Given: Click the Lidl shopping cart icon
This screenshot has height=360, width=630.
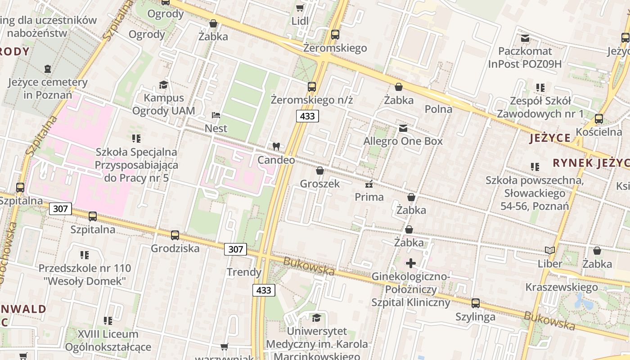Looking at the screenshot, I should pyautogui.click(x=300, y=8).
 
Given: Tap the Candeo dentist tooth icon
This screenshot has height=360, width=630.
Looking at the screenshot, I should pyautogui.click(x=276, y=146).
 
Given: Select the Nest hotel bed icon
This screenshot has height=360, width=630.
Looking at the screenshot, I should pyautogui.click(x=216, y=115).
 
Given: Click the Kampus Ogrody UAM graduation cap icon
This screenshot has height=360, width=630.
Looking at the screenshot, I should pyautogui.click(x=163, y=85).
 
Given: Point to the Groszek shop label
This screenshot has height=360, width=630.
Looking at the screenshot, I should pyautogui.click(x=319, y=184).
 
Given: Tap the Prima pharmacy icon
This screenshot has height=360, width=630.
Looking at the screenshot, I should pyautogui.click(x=369, y=184).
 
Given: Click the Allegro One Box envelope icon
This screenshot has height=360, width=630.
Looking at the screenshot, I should pyautogui.click(x=403, y=128).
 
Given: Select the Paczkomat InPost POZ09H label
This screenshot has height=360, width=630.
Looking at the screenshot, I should pyautogui.click(x=525, y=58).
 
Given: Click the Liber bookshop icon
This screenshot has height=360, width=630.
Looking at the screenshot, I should pyautogui.click(x=549, y=250).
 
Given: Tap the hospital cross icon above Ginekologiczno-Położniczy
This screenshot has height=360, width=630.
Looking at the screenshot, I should pyautogui.click(x=410, y=263).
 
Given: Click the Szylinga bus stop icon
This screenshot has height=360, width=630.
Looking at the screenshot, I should pyautogui.click(x=475, y=303).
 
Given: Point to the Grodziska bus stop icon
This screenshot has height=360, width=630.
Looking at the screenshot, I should pyautogui.click(x=175, y=235).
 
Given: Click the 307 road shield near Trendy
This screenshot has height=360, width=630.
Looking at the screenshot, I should pyautogui.click(x=235, y=249).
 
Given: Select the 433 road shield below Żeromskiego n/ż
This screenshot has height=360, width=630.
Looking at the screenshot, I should pyautogui.click(x=308, y=117).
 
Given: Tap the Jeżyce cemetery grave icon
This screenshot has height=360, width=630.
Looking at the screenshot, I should pyautogui.click(x=48, y=69).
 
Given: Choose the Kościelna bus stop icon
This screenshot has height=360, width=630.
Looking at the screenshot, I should pyautogui.click(x=598, y=119).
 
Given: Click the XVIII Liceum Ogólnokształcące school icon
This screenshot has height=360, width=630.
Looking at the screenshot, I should pyautogui.click(x=108, y=321).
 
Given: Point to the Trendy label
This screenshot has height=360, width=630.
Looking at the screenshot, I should pyautogui.click(x=244, y=272).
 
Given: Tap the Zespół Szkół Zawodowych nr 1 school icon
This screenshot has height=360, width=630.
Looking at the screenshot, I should pyautogui.click(x=540, y=88).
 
